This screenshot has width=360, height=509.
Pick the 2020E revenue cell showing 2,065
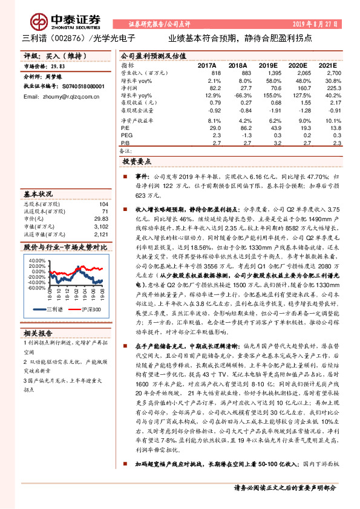(x=300, y=72)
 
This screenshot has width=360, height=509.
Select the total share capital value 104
(x=103, y=206)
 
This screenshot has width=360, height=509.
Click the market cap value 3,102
(x=101, y=227)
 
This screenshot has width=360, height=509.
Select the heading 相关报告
(x=39, y=333)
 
